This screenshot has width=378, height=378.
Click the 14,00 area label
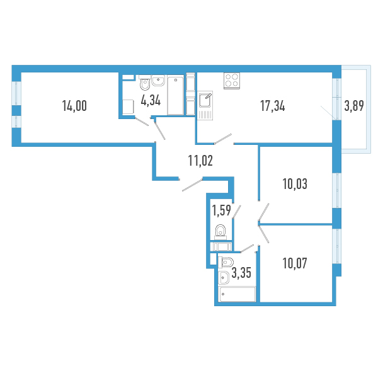point(74,106)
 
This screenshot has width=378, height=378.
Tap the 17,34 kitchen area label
point(272,106)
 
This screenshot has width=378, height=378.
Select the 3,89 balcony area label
point(354,106)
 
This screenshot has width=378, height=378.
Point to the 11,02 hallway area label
point(200,161)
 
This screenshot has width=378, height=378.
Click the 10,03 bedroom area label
point(295,184)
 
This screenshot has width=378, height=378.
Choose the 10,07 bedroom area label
point(295,263)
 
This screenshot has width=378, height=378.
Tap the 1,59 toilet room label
point(221,210)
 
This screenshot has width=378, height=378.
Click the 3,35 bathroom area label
point(241,273)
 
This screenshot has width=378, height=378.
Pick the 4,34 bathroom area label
point(151,100)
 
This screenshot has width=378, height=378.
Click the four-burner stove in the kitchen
point(232,81)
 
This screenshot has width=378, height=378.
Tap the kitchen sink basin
point(205,100)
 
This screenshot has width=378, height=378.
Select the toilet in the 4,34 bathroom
point(145,83)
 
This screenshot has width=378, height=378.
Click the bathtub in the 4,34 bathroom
point(176,96)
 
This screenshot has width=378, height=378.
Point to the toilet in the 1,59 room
point(220,232)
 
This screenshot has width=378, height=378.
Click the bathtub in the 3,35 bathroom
point(237,294)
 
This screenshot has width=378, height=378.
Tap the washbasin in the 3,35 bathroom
point(223,277)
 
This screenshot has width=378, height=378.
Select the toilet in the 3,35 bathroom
point(226,262)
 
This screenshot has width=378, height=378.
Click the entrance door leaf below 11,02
point(192,185)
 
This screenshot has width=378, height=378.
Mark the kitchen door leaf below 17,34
point(223,139)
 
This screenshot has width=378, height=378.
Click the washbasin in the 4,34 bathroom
point(158,80)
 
